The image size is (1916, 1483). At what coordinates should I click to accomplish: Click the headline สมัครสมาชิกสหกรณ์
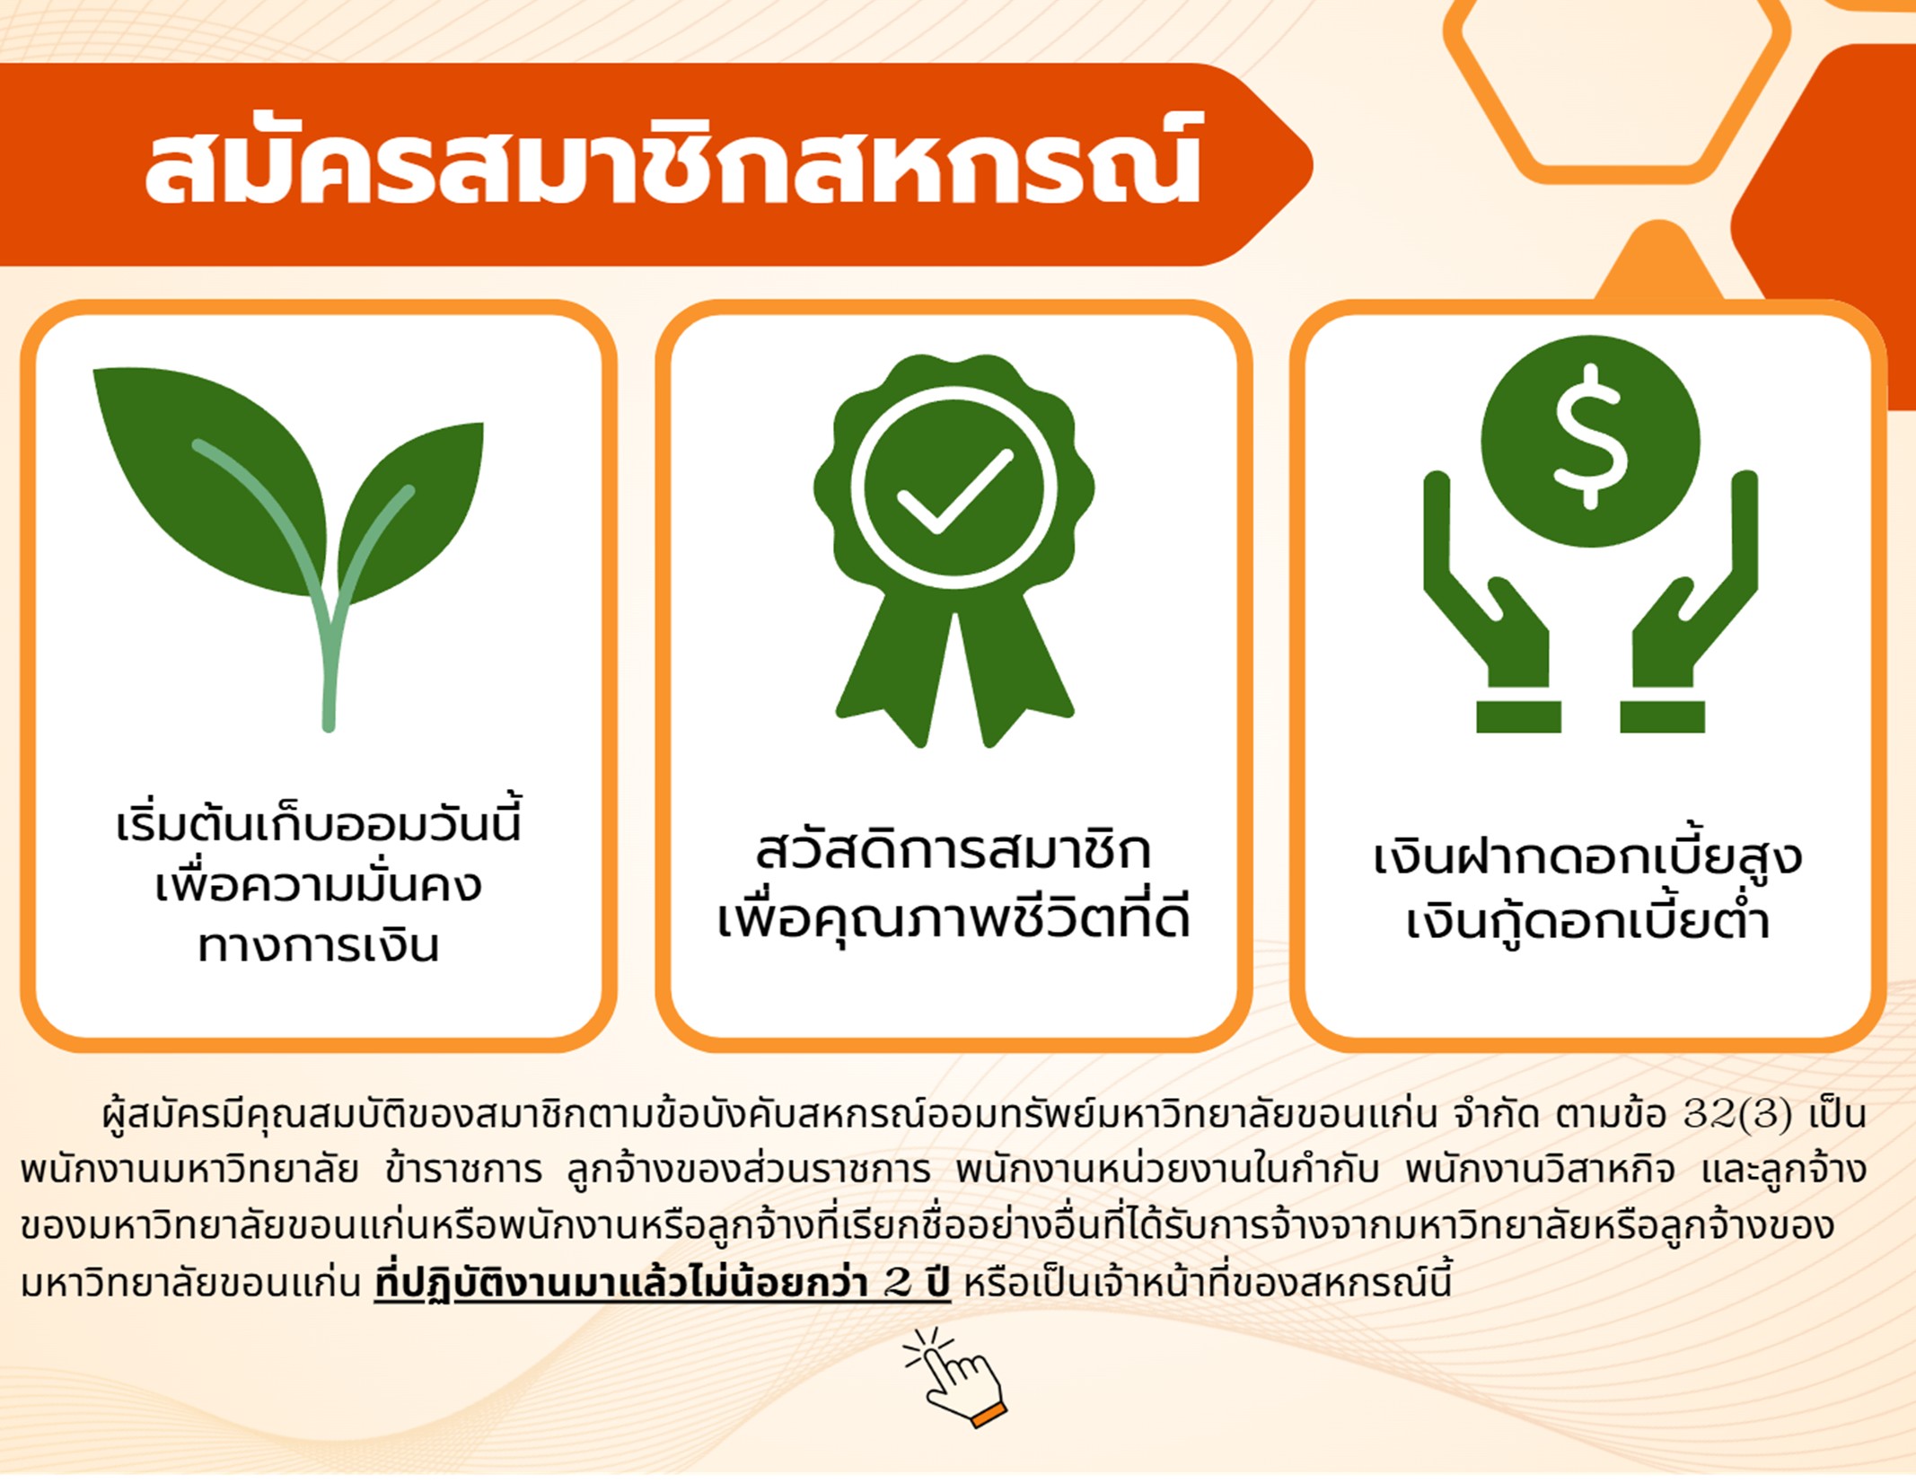(672, 162)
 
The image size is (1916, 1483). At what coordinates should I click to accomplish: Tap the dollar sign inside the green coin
(1590, 437)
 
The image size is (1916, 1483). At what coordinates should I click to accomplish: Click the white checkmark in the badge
(954, 489)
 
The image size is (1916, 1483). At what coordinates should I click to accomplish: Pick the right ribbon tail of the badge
(1015, 673)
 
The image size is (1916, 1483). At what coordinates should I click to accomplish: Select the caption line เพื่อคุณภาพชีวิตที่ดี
(954, 917)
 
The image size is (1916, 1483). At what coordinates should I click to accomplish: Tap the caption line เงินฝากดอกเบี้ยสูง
(1587, 857)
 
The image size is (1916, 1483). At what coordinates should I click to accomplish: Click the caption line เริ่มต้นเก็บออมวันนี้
(319, 821)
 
